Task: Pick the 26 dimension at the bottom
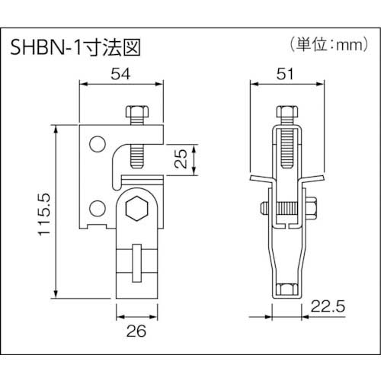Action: [135, 331]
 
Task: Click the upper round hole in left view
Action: [96, 143]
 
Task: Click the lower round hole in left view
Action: [96, 207]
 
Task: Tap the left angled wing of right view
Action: [259, 181]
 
